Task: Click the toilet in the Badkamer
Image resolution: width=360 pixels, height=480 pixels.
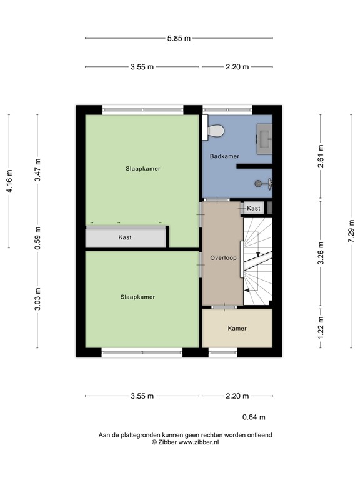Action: (x=216, y=131)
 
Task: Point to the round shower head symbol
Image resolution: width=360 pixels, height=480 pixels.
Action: (x=258, y=184)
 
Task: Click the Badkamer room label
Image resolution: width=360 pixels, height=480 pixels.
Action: (x=223, y=156)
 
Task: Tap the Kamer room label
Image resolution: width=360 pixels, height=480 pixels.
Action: (x=237, y=328)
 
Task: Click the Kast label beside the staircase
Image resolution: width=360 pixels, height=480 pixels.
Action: (x=254, y=208)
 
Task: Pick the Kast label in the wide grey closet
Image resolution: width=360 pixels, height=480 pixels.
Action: (x=126, y=237)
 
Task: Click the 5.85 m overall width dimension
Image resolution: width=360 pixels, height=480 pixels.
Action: (x=179, y=38)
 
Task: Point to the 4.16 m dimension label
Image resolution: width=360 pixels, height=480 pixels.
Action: (x=9, y=181)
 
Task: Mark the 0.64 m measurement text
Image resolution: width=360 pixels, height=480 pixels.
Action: (x=254, y=417)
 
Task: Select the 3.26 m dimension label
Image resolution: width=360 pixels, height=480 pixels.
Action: (x=321, y=253)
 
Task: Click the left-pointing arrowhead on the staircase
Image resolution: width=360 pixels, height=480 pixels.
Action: (x=247, y=291)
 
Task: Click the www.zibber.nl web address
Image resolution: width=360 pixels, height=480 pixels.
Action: (x=199, y=442)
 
